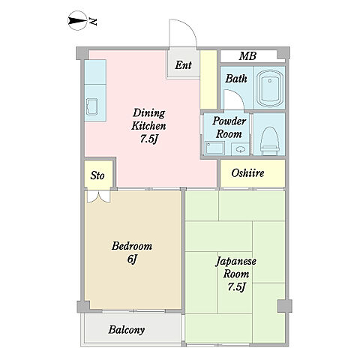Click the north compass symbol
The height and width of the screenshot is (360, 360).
point(77,21)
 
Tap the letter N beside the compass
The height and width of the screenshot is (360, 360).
point(93,22)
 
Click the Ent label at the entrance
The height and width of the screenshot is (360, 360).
point(183,65)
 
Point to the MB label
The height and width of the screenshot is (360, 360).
point(247,56)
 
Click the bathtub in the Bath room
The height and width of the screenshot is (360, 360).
point(269,88)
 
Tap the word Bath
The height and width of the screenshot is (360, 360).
point(236,79)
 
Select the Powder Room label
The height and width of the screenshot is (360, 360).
point(229,127)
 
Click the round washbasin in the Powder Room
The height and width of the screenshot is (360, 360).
point(240,149)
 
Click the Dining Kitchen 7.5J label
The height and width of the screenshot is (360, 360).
point(148,126)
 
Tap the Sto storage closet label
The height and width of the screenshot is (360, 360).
point(97,175)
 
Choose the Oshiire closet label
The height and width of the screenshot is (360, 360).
point(247,173)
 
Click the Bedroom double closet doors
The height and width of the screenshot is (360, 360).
point(98,196)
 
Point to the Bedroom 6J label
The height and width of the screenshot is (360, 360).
point(132,252)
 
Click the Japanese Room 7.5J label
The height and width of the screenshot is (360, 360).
point(235,274)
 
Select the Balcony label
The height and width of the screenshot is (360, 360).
point(127,330)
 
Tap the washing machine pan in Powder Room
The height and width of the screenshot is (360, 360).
point(214,148)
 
